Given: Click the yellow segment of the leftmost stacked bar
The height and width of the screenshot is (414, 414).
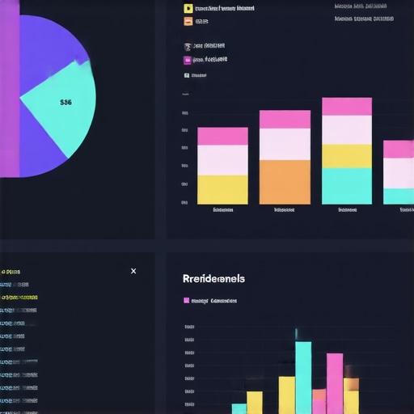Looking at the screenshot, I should tap(222, 189).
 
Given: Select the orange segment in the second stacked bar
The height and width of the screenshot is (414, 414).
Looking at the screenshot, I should tap(285, 182).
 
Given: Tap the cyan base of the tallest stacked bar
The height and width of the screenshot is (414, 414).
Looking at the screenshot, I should tap(347, 185).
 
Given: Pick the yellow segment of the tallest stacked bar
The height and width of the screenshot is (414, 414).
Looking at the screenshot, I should tap(347, 156).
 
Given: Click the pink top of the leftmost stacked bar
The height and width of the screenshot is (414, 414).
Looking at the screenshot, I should tap(222, 136).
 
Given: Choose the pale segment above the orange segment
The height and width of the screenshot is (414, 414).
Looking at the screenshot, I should tap(285, 144).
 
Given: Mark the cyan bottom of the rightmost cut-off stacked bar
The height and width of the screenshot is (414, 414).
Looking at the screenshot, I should tap(398, 196).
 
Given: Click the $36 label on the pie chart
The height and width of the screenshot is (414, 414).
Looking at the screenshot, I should tap(66, 103).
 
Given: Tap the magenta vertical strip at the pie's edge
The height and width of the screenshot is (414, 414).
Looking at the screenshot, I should tap(9, 89).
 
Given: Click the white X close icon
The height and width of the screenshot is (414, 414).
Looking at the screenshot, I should tap(133, 272).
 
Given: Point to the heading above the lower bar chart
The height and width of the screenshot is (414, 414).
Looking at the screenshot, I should tap(214, 278).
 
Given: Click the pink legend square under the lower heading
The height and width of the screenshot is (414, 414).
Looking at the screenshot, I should tap(187, 301).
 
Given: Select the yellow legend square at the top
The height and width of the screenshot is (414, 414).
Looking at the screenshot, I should tap(188, 9).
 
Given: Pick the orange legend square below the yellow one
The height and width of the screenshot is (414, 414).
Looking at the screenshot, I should tap(188, 23).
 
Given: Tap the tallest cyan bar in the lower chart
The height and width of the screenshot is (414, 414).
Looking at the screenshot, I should tap(303, 378).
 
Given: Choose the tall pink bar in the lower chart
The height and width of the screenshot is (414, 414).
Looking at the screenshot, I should tap(335, 383).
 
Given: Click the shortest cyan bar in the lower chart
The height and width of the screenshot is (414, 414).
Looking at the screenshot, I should tap(239, 408).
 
